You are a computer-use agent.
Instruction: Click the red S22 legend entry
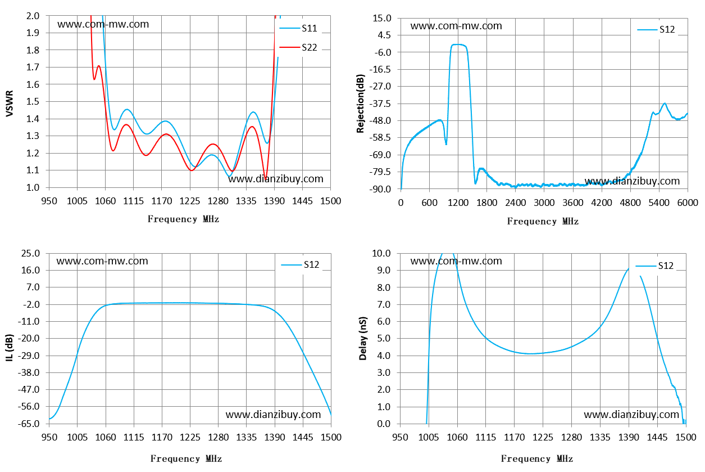(x=298, y=47)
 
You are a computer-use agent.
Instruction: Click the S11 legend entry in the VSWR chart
(x=298, y=28)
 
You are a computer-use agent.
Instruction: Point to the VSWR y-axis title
(x=10, y=104)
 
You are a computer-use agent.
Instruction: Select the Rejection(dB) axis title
(x=361, y=104)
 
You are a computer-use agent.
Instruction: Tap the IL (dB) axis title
(x=10, y=348)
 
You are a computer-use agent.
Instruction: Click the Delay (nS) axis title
(x=363, y=338)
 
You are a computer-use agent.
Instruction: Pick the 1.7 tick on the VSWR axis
(x=33, y=67)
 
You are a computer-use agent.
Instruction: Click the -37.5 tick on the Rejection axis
(x=382, y=104)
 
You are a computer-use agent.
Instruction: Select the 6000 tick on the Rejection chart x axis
(x=688, y=203)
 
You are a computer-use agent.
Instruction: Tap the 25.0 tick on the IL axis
(x=30, y=253)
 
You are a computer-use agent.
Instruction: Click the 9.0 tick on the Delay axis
(x=384, y=270)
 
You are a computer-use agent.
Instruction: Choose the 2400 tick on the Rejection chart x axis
(x=516, y=203)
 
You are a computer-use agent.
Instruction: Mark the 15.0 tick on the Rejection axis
(x=382, y=19)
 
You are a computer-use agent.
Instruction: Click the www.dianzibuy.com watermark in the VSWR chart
(x=275, y=179)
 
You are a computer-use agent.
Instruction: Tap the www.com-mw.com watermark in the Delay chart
(x=456, y=261)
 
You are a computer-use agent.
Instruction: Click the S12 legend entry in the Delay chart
(x=654, y=266)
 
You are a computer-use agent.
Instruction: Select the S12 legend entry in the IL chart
(x=300, y=264)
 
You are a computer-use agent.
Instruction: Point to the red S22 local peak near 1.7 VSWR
(x=98, y=66)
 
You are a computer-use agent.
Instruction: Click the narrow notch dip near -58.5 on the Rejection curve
(x=446, y=144)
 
